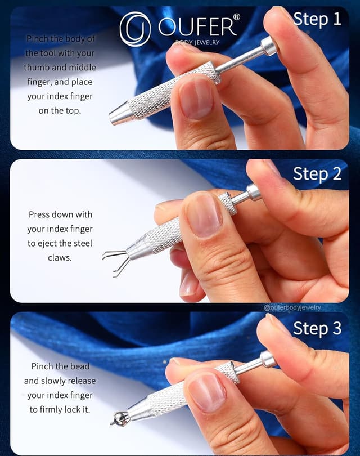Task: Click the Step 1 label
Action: (x=317, y=19)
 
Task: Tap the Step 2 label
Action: (x=317, y=174)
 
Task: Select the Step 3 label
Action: (x=317, y=328)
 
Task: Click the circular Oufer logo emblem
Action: (x=135, y=29)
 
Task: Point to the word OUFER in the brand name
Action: (x=197, y=27)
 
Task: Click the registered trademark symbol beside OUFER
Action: (x=237, y=17)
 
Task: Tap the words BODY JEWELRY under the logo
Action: (x=197, y=42)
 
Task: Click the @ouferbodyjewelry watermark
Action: (x=292, y=307)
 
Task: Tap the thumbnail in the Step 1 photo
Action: (x=196, y=99)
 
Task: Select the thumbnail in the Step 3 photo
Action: (x=207, y=392)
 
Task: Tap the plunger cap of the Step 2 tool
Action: (x=254, y=192)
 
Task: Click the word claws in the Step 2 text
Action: (x=60, y=258)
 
